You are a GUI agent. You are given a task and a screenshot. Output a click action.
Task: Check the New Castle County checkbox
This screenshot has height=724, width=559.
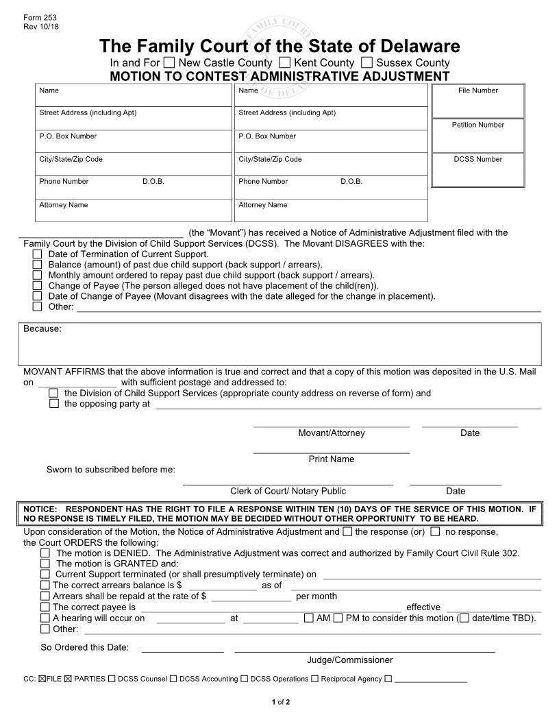[x=169, y=63]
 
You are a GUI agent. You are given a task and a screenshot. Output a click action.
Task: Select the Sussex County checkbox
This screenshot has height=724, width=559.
[x=367, y=63]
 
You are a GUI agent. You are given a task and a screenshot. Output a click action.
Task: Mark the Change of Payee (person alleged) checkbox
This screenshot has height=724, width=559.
[x=38, y=286]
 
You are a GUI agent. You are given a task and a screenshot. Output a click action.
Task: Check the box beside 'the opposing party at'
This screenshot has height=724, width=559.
[x=54, y=404]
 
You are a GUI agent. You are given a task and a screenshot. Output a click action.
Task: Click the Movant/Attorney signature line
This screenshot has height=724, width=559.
[x=331, y=424]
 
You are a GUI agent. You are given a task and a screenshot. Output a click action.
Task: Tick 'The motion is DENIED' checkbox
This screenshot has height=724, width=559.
[x=45, y=553]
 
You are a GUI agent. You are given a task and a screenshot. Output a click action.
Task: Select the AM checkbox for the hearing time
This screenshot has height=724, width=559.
[x=308, y=618]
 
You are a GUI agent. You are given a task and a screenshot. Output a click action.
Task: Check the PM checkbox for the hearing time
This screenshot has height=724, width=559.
[x=338, y=618]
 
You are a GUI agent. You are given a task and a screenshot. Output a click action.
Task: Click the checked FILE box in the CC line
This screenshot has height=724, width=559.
[x=42, y=679]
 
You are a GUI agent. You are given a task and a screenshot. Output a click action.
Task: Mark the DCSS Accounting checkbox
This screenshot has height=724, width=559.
[x=173, y=679]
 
